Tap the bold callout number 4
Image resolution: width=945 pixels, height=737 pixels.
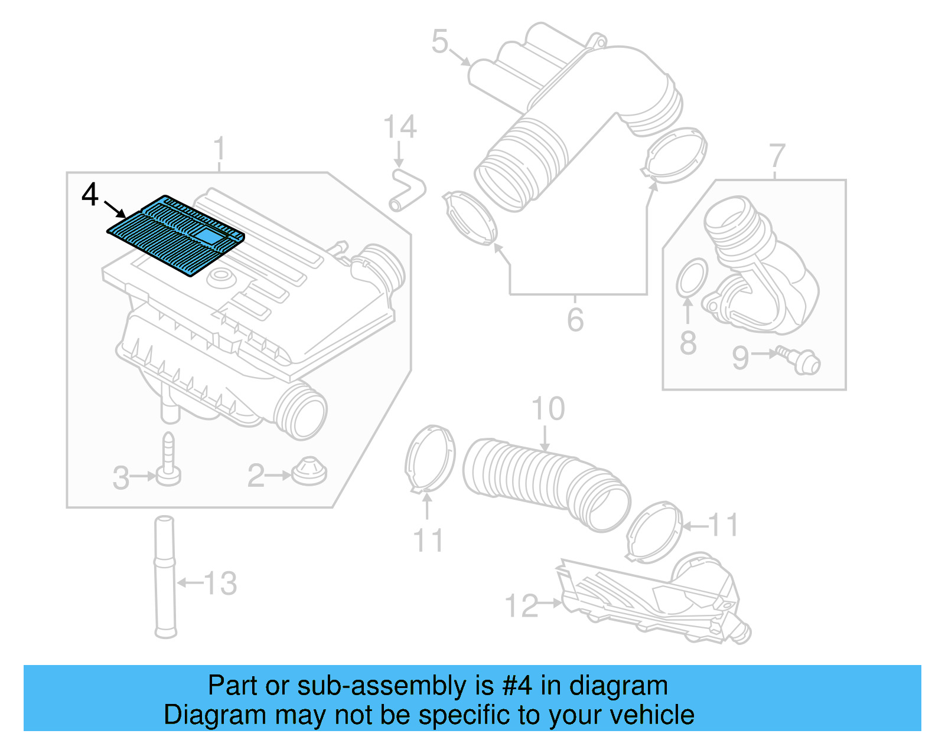(90, 194)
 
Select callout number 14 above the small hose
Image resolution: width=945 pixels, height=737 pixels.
(400, 127)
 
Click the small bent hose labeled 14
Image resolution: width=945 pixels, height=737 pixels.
(407, 189)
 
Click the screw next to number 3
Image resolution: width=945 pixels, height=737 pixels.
(168, 460)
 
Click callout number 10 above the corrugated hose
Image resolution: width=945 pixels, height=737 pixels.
(548, 408)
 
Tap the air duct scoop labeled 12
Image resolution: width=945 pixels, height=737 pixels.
(650, 602)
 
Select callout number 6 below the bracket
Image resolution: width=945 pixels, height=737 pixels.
(575, 319)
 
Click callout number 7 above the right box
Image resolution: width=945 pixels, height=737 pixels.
(777, 156)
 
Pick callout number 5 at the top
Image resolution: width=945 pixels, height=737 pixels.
(440, 41)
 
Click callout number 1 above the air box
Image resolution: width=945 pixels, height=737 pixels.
(219, 148)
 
